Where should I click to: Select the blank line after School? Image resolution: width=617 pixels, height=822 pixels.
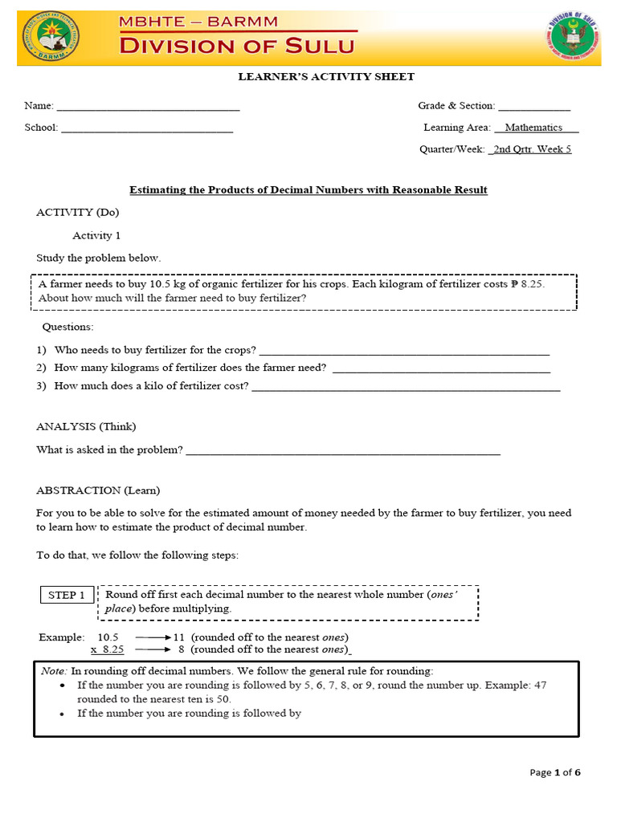[x=147, y=128]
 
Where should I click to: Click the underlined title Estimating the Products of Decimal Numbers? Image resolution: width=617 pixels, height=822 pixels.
[x=308, y=190]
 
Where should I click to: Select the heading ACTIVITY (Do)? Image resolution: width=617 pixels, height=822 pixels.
[x=78, y=213]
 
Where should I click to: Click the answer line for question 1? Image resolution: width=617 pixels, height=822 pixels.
[x=405, y=352]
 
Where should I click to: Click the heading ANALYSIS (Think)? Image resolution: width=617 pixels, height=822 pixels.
[x=86, y=426]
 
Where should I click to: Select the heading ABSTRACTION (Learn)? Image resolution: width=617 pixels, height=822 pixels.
[x=98, y=490]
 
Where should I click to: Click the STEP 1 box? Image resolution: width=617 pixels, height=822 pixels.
[x=67, y=596]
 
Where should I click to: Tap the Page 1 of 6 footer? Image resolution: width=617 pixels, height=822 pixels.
[x=555, y=773]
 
